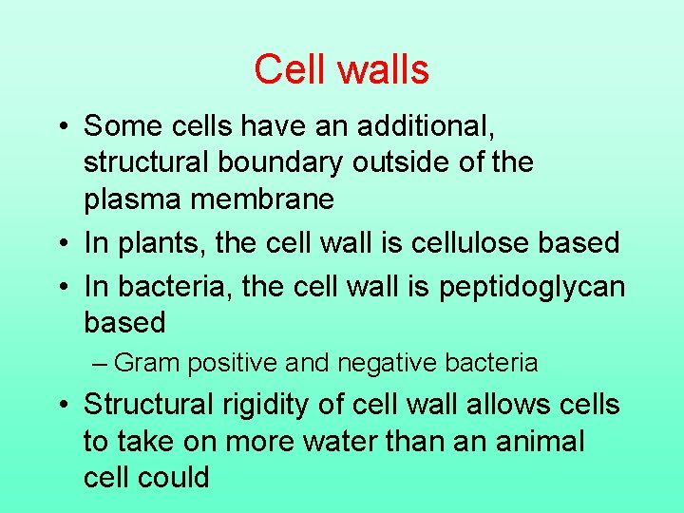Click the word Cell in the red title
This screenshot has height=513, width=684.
pyautogui.click(x=288, y=70)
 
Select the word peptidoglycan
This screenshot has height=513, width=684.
pyautogui.click(x=532, y=286)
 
